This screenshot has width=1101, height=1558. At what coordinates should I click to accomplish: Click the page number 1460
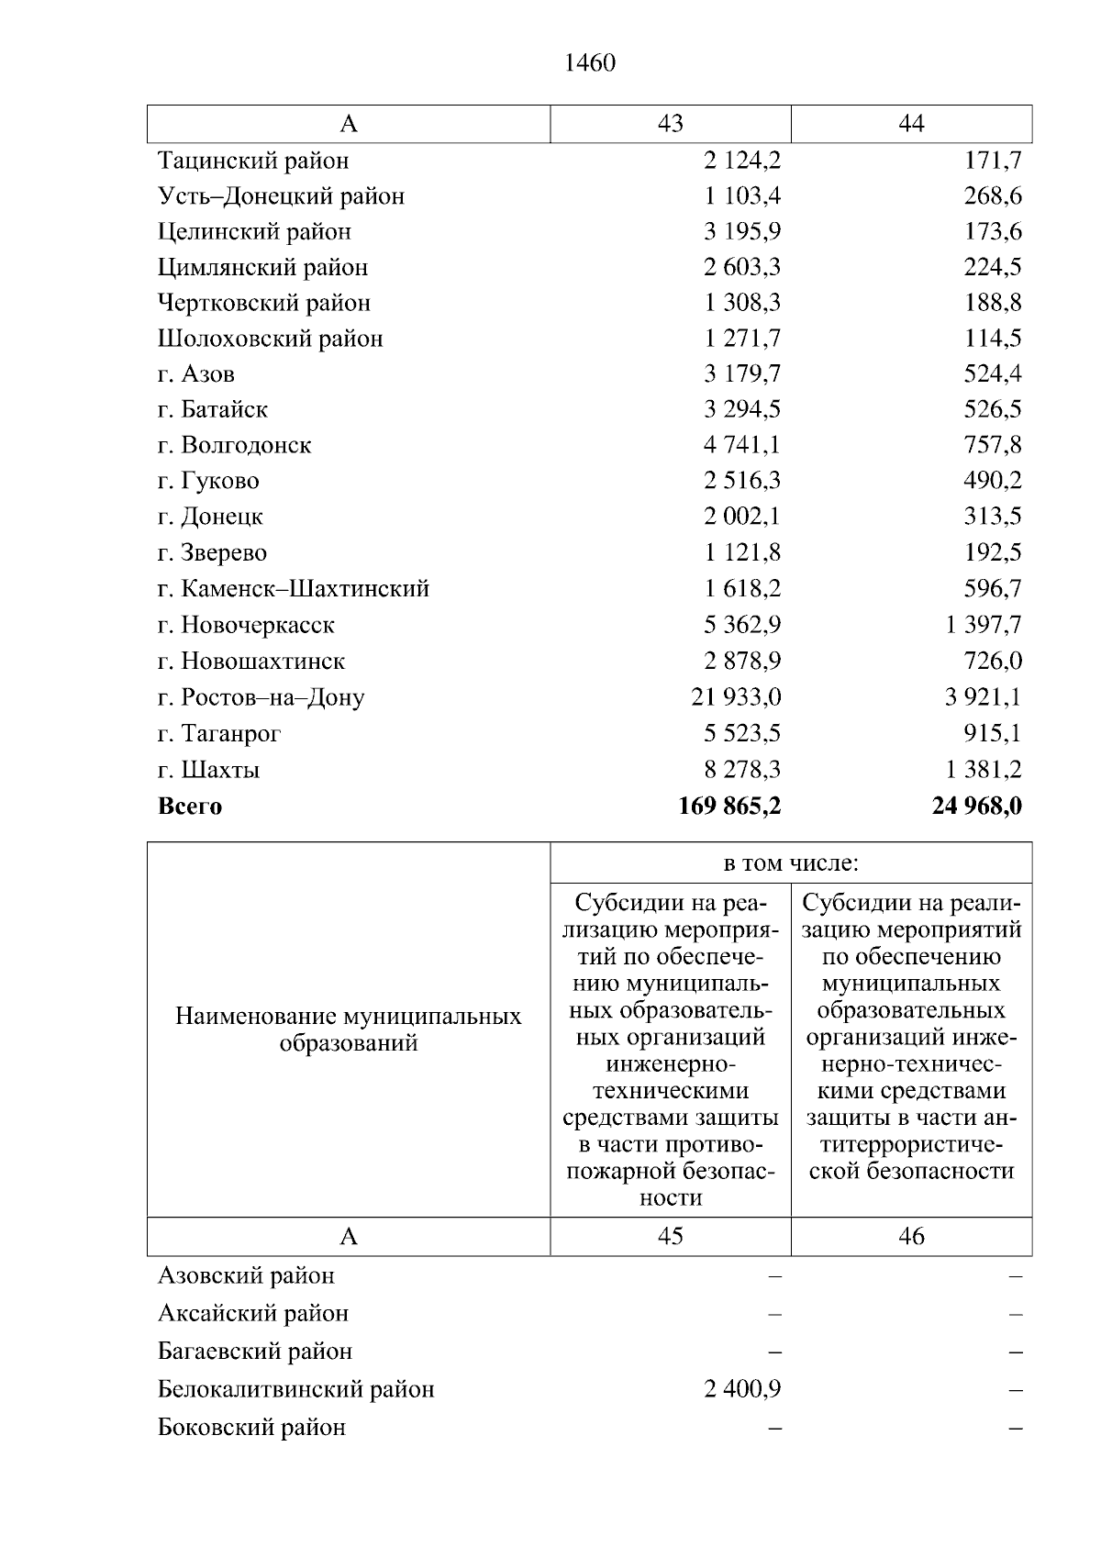[x=590, y=63]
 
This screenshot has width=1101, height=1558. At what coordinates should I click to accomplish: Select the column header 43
[x=670, y=124]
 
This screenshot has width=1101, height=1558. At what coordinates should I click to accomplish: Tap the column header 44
[x=911, y=124]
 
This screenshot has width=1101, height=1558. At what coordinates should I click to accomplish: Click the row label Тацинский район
[x=253, y=161]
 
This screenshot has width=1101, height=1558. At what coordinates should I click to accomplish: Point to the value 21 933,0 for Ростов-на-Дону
[x=736, y=697]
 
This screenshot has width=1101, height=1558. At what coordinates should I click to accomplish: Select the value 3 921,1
[x=983, y=697]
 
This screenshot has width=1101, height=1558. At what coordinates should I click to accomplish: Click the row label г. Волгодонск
[x=234, y=446]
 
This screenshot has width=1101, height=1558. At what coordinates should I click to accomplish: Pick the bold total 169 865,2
[x=729, y=807]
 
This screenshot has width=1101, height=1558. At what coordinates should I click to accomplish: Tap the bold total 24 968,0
[x=976, y=807]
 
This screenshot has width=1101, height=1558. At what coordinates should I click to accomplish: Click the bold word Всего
[x=190, y=807]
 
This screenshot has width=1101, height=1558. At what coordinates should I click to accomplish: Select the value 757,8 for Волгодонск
[x=993, y=446]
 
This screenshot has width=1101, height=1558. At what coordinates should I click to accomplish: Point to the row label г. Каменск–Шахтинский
[x=294, y=589]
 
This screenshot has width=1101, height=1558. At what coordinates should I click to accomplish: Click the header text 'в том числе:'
[x=791, y=863]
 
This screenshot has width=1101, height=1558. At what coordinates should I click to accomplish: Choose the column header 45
[x=670, y=1237]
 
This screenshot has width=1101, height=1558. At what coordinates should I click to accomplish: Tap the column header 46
[x=911, y=1237]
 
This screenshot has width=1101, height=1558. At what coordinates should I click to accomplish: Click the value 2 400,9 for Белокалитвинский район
[x=742, y=1389]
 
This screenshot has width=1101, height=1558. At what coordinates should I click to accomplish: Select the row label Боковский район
[x=251, y=1428]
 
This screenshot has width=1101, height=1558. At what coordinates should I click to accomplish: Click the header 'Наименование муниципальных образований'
[x=348, y=1029]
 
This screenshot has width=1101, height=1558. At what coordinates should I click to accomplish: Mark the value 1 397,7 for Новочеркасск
[x=983, y=626]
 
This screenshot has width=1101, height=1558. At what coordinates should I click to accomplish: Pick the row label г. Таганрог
[x=219, y=734]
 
